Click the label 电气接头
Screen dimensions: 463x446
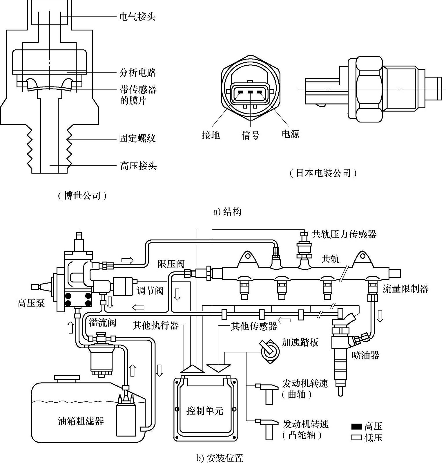[137, 17]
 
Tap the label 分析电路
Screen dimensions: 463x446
[137, 72]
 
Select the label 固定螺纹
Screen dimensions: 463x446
[137, 138]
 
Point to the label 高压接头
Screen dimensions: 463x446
[138, 166]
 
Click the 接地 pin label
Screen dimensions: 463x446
[211, 135]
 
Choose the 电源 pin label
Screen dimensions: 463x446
[290, 134]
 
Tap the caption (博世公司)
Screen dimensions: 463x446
[82, 196]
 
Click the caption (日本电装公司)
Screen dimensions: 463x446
[323, 173]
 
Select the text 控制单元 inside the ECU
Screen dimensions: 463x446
[205, 411]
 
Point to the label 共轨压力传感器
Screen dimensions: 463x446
[344, 234]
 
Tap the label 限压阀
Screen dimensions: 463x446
[171, 264]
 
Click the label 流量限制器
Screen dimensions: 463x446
[405, 289]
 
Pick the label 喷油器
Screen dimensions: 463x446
[365, 355]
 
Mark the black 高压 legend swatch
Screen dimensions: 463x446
[356, 426]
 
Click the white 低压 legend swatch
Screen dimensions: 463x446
[356, 437]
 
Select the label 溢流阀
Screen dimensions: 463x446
[102, 323]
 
